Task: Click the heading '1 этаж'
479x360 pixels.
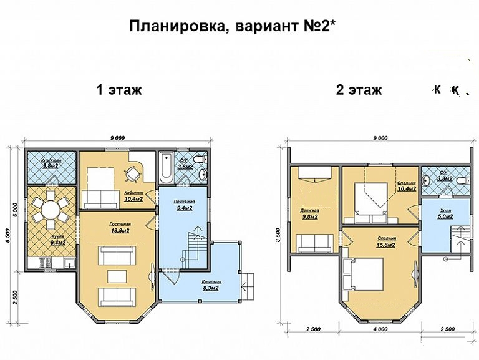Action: click(x=119, y=90)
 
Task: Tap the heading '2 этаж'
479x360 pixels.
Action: click(x=359, y=90)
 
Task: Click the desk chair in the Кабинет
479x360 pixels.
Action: click(x=132, y=172)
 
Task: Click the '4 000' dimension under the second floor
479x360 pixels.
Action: click(x=380, y=329)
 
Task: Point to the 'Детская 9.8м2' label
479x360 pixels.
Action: click(x=311, y=214)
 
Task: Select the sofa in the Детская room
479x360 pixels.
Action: click(x=309, y=241)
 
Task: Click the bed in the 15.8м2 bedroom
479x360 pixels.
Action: click(x=362, y=274)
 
